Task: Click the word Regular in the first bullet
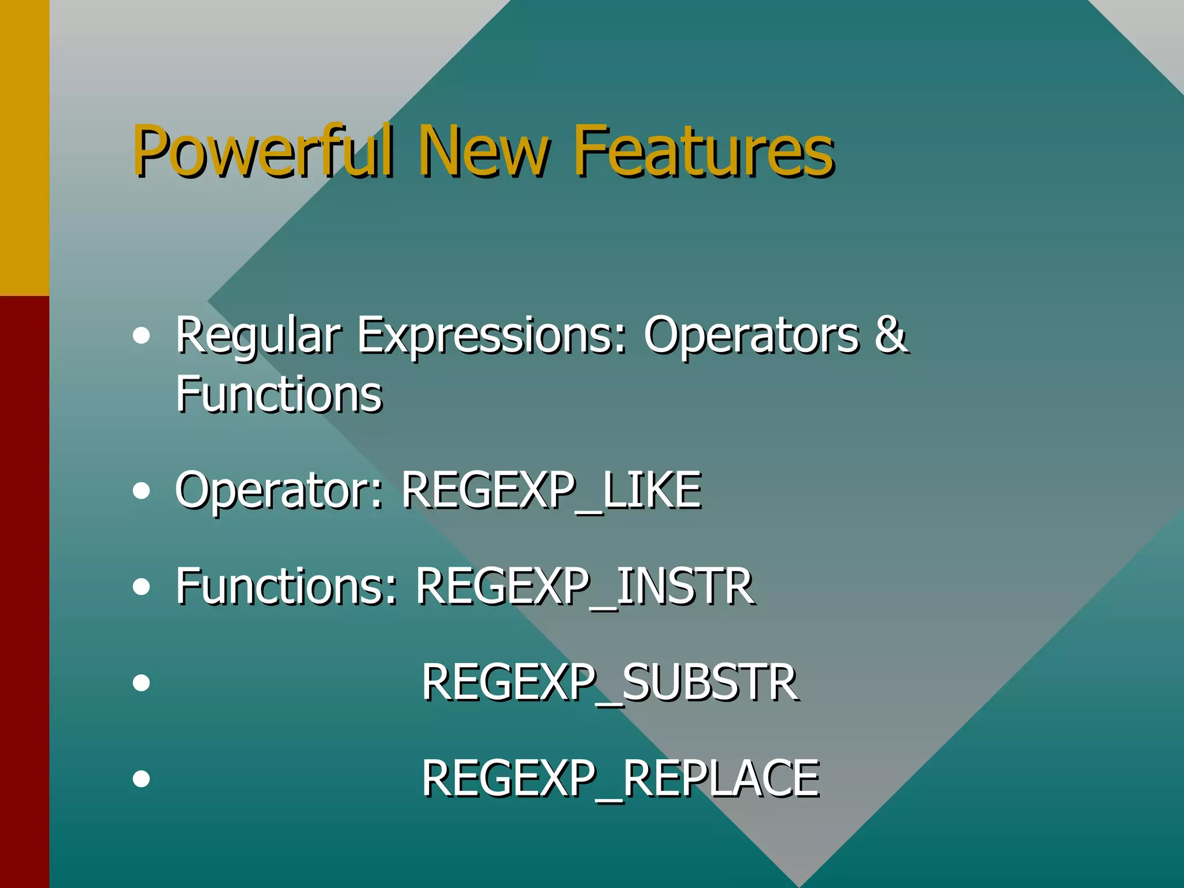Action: (x=258, y=335)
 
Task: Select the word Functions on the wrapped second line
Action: (x=279, y=394)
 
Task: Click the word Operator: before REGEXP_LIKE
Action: (x=279, y=490)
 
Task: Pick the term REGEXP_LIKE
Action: (x=551, y=490)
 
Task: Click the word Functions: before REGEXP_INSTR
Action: (x=287, y=586)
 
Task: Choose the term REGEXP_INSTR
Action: (x=584, y=586)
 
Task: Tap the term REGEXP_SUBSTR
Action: (x=609, y=683)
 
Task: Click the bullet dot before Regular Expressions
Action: (x=141, y=336)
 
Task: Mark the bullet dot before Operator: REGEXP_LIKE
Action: (x=141, y=491)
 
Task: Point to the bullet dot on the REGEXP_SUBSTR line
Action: (x=141, y=683)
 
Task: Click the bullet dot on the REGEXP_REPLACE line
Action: (x=141, y=779)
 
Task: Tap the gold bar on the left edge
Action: (x=24, y=147)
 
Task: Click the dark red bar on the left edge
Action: (x=24, y=590)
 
